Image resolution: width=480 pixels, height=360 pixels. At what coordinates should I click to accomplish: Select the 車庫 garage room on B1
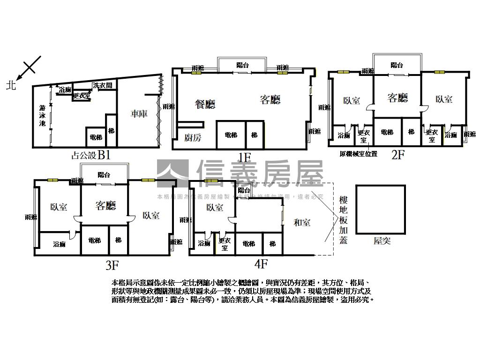(139, 113)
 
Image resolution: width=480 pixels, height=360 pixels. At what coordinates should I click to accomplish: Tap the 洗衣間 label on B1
(102, 85)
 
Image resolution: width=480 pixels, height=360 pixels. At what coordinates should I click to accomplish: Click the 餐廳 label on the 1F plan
(205, 104)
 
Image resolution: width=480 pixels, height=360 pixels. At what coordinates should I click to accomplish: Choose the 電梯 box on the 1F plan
(231, 135)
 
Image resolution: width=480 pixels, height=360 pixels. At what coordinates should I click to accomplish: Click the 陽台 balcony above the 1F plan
(242, 65)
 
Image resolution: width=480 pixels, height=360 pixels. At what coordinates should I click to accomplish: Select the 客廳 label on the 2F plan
(397, 97)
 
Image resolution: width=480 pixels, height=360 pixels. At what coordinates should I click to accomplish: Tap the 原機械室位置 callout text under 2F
(358, 153)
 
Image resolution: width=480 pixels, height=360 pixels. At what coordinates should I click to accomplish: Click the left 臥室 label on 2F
(352, 100)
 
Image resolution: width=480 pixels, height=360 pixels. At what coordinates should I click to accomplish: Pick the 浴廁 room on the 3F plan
(60, 244)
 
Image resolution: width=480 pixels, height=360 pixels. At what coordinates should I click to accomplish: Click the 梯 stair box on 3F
(118, 240)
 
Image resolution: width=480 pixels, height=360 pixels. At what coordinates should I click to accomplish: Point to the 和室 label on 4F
(302, 223)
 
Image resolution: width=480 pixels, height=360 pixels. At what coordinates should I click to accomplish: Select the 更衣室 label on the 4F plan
(225, 244)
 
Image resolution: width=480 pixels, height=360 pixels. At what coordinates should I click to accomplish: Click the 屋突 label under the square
(382, 241)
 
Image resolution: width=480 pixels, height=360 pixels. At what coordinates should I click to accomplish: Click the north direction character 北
(11, 85)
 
